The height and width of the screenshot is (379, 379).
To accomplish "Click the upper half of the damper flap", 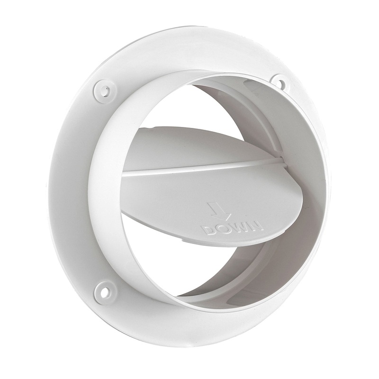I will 189,147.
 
